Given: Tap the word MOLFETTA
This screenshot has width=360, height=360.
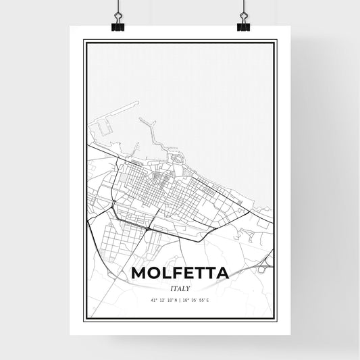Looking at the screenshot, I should click(180, 274).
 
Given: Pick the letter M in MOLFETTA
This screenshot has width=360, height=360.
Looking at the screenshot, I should click(139, 274).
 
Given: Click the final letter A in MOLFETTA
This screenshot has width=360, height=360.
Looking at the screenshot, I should click(222, 274).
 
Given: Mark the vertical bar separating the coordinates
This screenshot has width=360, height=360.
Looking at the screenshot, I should click(180, 300).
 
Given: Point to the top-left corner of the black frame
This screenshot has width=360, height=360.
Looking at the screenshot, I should click(84, 41).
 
